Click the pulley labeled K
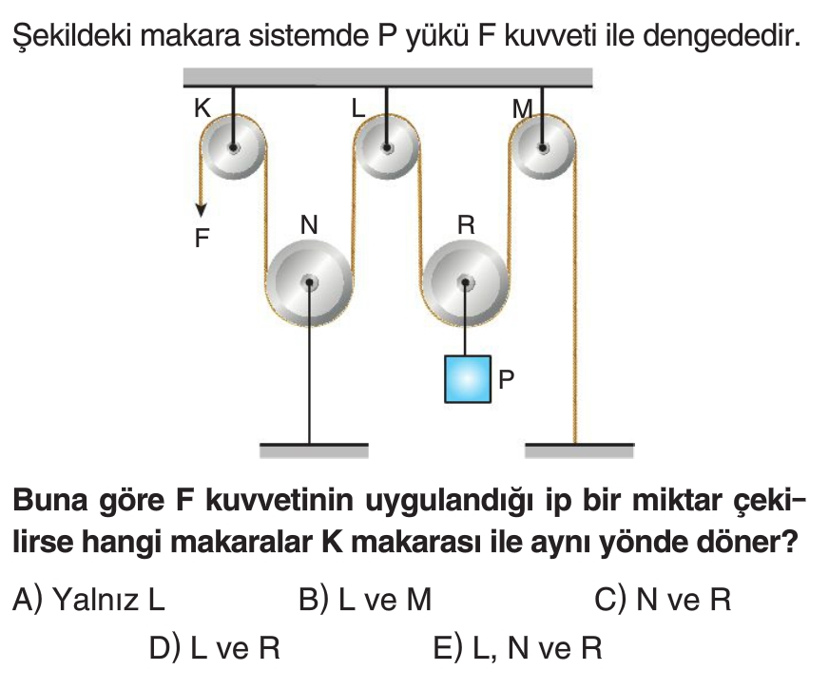(231, 148)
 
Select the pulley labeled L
(386, 148)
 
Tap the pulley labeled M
(541, 148)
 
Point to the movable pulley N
(309, 282)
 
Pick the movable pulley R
(464, 282)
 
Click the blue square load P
(468, 379)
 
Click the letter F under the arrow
(202, 239)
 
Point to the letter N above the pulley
(309, 225)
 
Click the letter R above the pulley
(465, 225)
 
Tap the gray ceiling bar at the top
(388, 77)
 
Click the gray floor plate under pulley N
(314, 451)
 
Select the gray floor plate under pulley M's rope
(579, 451)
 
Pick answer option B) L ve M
(364, 600)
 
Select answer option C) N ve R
(662, 600)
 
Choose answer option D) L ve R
(215, 649)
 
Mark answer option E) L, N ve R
(517, 649)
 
